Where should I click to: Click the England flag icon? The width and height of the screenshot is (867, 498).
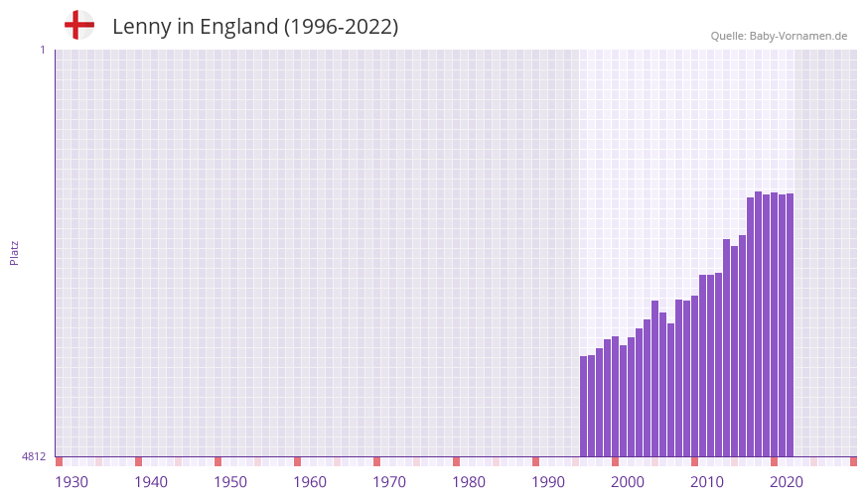(79, 26)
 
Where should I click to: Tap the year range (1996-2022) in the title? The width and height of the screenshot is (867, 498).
(341, 27)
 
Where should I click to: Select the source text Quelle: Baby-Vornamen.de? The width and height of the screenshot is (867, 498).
(779, 36)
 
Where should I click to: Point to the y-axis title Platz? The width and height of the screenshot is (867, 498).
(14, 252)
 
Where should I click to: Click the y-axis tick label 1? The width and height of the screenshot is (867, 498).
(42, 50)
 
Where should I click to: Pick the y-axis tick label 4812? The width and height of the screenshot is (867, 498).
(34, 456)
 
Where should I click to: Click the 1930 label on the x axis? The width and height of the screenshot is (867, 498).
(72, 482)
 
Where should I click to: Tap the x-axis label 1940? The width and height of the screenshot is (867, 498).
(151, 482)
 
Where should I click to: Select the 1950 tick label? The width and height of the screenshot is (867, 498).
(230, 482)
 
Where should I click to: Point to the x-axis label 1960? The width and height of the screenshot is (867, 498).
(310, 482)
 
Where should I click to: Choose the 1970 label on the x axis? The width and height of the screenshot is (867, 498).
(389, 482)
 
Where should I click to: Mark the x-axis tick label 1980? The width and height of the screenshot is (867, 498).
(469, 482)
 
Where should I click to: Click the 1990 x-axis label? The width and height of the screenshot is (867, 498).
(548, 482)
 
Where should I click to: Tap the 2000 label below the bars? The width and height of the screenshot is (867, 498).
(628, 482)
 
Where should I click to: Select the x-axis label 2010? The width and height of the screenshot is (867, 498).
(707, 482)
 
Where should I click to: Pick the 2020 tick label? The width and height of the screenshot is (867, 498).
(787, 482)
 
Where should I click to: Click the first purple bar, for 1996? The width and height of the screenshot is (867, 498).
(584, 407)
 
